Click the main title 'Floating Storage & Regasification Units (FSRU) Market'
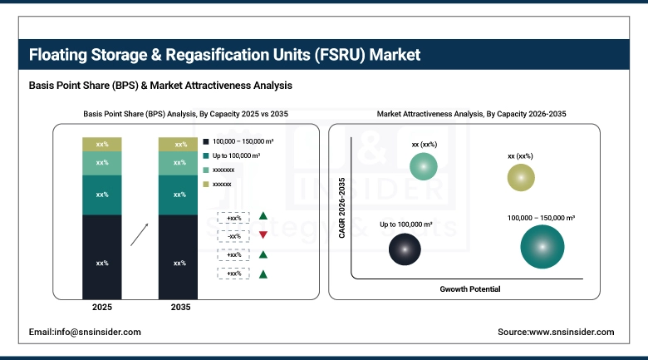pyautogui.click(x=225, y=56)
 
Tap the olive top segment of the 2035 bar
pyautogui.click(x=179, y=145)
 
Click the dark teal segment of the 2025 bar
pyautogui.click(x=102, y=195)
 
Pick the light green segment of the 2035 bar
pyautogui.click(x=179, y=163)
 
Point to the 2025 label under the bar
pyautogui.click(x=102, y=308)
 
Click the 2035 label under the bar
pyautogui.click(x=179, y=308)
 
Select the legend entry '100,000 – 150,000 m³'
pyautogui.click(x=243, y=141)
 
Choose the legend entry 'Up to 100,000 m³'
pyautogui.click(x=238, y=155)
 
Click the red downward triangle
pyautogui.click(x=263, y=236)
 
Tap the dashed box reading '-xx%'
pyautogui.click(x=234, y=236)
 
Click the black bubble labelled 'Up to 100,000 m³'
pyautogui.click(x=405, y=247)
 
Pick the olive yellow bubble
pyautogui.click(x=520, y=177)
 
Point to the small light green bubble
pyautogui.click(x=424, y=167)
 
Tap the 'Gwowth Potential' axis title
pyautogui.click(x=470, y=288)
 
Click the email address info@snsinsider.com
pyautogui.click(x=85, y=332)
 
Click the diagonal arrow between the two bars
pyautogui.click(x=140, y=234)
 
